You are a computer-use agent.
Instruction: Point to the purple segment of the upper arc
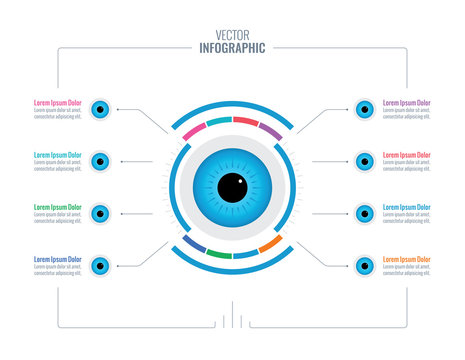[270, 130]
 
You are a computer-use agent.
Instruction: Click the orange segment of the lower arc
[270, 243]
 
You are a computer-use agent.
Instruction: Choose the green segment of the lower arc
[220, 254]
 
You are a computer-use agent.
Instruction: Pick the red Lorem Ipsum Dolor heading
[407, 155]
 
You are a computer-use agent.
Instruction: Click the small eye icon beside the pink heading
[100, 109]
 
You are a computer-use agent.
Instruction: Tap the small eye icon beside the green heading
[100, 213]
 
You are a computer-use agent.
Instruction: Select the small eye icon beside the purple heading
[364, 109]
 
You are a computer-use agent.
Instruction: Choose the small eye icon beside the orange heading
[364, 265]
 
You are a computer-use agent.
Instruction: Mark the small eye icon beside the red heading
[364, 161]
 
